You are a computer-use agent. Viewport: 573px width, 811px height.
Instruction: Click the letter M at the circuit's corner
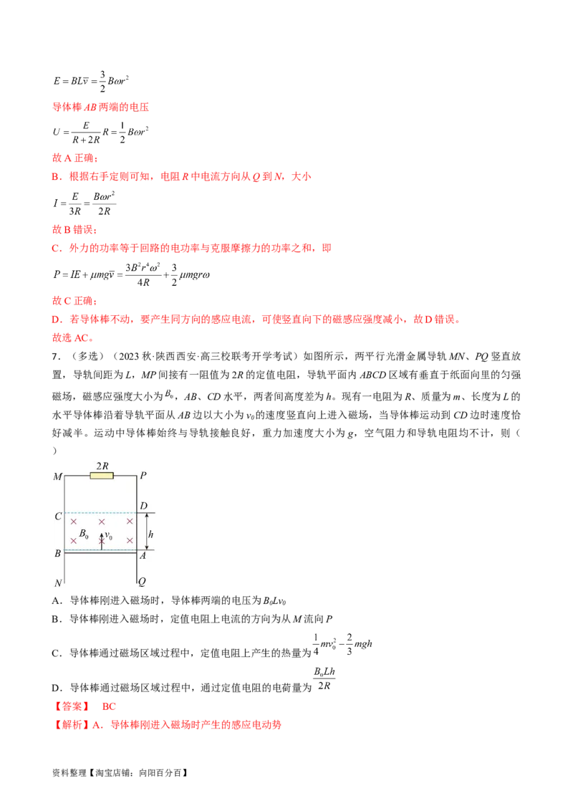pos(58,476)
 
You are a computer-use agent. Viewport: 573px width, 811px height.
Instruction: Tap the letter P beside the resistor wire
pos(143,476)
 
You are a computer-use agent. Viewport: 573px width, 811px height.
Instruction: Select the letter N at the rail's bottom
pos(58,583)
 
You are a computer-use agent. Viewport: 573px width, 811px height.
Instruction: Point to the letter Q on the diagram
pos(143,583)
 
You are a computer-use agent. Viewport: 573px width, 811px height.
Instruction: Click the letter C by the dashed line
pos(58,517)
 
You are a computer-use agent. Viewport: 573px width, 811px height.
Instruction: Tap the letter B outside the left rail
pos(58,553)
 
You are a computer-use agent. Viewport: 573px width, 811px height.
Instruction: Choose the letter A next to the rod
pos(143,554)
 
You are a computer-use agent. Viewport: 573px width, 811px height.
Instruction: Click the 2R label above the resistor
pos(102,466)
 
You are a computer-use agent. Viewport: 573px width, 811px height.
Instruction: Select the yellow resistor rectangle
pos(102,476)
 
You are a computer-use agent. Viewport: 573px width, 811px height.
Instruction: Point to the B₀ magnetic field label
pos(85,534)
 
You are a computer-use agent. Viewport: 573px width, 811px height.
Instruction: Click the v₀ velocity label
pos(109,535)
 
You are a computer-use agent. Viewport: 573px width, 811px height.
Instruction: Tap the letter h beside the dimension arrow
pos(149,534)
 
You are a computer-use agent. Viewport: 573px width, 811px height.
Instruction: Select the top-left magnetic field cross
pos(73,522)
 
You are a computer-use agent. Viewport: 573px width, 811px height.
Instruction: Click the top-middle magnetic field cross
pos(102,522)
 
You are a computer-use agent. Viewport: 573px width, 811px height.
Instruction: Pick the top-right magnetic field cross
pos(130,522)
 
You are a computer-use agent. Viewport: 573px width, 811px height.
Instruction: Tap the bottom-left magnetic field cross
pos(73,540)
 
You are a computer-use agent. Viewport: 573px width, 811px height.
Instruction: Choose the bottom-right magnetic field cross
pos(130,540)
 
